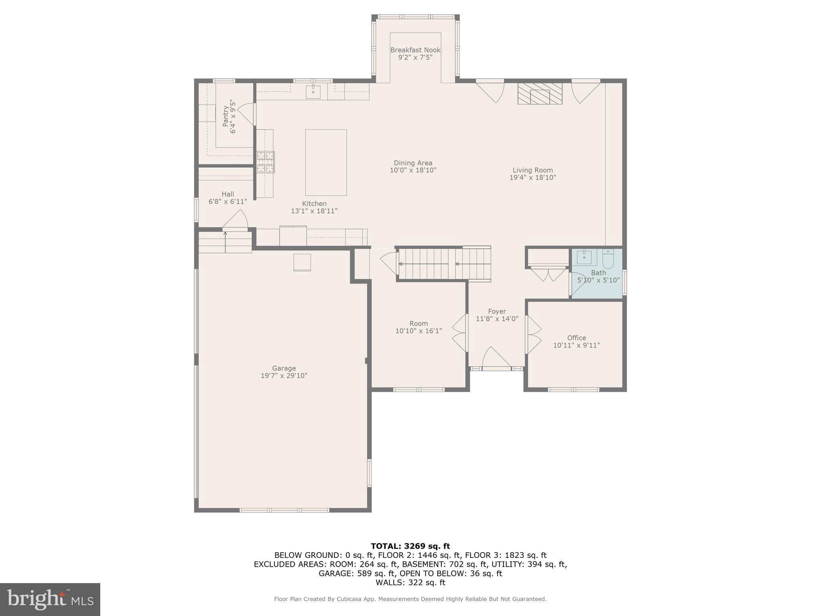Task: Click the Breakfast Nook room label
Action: click(415, 50)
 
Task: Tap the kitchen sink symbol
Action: click(313, 92)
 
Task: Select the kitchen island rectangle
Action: click(326, 162)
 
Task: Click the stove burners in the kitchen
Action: click(265, 162)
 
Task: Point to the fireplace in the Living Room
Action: click(540, 94)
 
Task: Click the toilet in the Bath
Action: click(608, 259)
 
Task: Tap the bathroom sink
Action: click(584, 257)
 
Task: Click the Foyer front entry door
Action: click(496, 358)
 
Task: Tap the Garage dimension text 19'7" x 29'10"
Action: click(284, 376)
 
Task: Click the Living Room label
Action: click(532, 170)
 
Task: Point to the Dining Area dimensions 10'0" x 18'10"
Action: click(413, 170)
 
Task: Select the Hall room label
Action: click(228, 194)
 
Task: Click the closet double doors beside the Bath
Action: click(548, 274)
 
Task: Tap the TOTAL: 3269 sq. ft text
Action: click(410, 546)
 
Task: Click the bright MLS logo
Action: click(50, 599)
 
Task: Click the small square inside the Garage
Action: click(302, 262)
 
